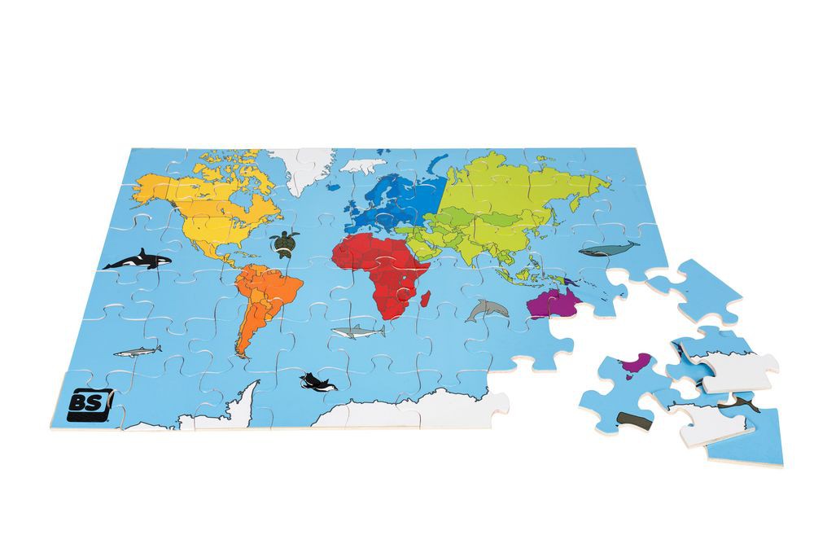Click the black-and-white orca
coord(138,261)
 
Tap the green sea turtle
coord(284,243)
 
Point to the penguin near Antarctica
coord(313,382)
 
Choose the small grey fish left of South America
coord(136,352)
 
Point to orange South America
coord(260,301)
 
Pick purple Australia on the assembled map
coord(554,304)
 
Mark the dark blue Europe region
coord(395,200)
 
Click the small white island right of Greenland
coord(364,165)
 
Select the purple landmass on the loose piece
coord(633,364)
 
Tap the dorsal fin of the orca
coord(143,252)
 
